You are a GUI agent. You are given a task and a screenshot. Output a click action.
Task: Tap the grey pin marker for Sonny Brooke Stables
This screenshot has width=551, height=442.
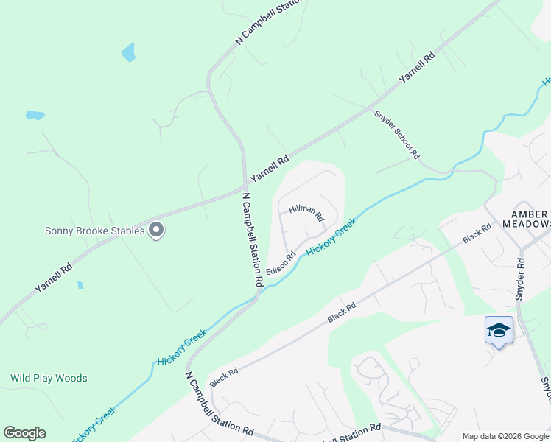pos(155,231)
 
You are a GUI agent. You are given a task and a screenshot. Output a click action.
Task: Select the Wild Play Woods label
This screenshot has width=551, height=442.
pos(49,378)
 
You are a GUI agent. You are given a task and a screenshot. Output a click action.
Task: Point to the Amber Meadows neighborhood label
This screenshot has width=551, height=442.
pos(526,218)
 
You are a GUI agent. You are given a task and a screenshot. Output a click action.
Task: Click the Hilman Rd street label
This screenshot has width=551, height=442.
pos(306,214)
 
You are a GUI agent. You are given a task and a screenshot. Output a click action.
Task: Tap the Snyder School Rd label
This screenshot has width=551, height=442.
pos(396,135)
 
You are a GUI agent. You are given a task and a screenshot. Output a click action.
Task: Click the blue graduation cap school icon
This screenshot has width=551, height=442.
pos(499,330)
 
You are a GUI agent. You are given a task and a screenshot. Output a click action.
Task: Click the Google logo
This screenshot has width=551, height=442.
pos(24,433)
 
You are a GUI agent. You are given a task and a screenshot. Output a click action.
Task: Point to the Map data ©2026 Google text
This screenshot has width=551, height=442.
pos(505,436)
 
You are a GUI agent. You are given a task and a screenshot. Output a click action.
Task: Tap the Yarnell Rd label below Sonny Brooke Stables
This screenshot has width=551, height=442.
pos(54,278)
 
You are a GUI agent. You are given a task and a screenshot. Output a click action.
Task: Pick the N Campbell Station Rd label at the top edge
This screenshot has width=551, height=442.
pos(269,22)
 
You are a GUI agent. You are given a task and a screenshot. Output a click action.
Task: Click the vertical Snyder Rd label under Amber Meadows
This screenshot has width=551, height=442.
pos(521,275)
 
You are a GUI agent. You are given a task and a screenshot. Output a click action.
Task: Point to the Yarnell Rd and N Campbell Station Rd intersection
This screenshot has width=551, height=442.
pos(245,183)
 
